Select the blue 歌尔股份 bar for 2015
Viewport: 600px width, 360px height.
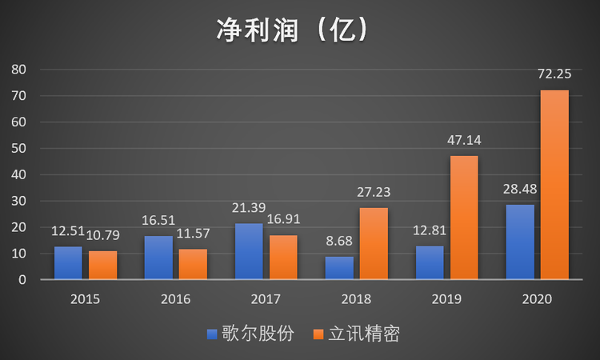click(x=68, y=263)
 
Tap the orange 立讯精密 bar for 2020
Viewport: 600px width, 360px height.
click(x=554, y=185)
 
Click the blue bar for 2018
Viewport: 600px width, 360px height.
click(x=339, y=268)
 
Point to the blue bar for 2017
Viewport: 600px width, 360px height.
click(x=249, y=251)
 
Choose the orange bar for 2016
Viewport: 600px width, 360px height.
click(x=193, y=265)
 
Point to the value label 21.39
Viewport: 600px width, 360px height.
click(x=249, y=210)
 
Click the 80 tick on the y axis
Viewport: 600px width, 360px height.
click(x=18, y=70)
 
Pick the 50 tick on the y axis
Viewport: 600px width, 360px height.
click(x=18, y=149)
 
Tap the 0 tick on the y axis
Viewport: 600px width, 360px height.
click(x=22, y=280)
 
